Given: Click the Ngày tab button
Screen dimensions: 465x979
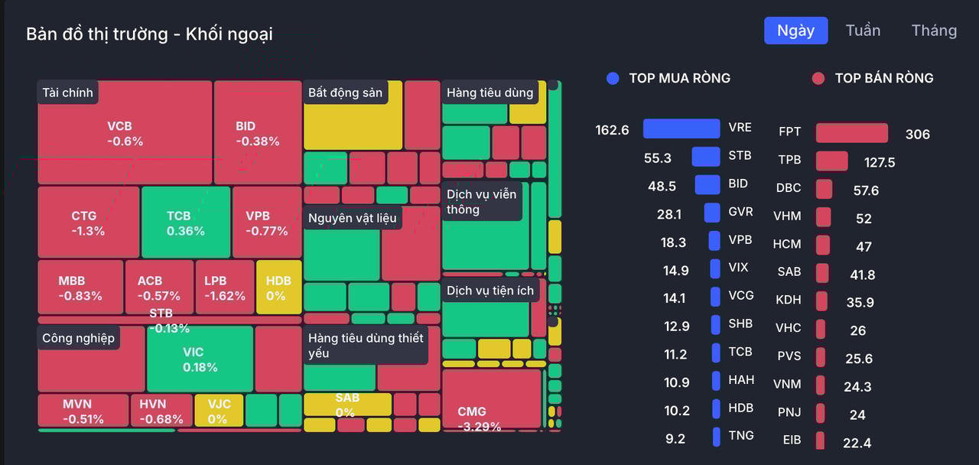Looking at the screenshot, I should point(795,31).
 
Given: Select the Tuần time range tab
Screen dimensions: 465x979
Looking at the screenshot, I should point(863,31).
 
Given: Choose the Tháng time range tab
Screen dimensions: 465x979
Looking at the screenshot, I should point(934,31).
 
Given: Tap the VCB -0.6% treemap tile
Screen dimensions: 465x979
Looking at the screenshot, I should point(125,133).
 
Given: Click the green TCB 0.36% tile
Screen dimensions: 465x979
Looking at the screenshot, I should point(185,223).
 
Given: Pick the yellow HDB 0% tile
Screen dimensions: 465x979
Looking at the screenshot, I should point(278,288).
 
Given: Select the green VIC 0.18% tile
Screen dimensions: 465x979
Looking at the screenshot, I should point(200,359).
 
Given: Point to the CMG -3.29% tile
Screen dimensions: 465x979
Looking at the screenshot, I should point(491,399).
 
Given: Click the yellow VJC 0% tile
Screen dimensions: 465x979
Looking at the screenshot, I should point(218,411).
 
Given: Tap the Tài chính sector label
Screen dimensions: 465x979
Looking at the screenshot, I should point(67,93).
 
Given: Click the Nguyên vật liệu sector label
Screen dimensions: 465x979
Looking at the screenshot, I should point(353,218).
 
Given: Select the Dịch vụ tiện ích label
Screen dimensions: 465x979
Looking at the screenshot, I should point(490,291).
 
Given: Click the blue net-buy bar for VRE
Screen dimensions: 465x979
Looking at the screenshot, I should point(681,128).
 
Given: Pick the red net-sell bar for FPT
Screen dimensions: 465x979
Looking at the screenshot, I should point(851,133).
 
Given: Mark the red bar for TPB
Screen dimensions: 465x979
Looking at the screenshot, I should point(831,161).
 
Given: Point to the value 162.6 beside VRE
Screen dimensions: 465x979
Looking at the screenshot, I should point(612,130).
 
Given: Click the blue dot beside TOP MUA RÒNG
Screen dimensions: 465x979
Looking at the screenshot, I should point(612,78).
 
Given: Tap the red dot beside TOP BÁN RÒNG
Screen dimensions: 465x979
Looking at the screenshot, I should point(818,78).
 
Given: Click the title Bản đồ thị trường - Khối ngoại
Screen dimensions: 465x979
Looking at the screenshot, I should point(149,34).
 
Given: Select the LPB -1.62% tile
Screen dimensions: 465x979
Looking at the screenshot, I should point(224,288).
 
